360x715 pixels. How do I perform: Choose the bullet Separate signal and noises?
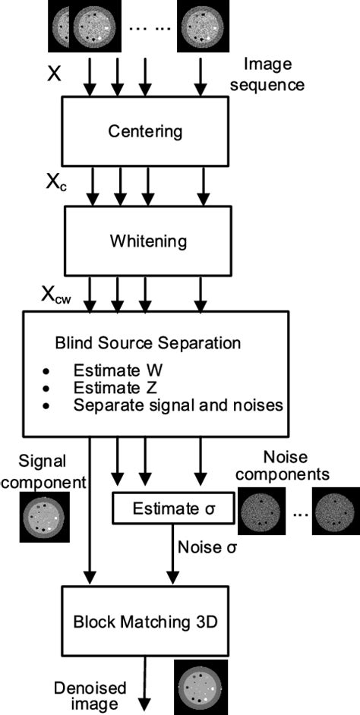(178, 405)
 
